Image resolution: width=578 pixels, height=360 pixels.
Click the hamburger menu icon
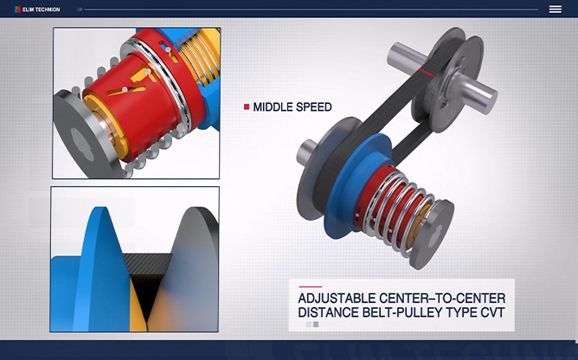[556, 10]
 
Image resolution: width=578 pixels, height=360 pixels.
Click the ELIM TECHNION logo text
[41, 10]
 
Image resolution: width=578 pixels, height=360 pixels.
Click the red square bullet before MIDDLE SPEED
[247, 107]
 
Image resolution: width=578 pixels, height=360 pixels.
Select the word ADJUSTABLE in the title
[337, 298]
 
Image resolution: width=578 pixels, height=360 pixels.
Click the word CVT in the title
[492, 312]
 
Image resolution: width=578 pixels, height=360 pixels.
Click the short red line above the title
[310, 286]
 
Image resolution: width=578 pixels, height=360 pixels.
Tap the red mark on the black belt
[426, 73]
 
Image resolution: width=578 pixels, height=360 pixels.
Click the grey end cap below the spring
[431, 233]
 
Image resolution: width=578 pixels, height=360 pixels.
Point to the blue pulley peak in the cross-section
[98, 258]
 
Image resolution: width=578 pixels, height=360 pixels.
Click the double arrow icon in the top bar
[79, 10]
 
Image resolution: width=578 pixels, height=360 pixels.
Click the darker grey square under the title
[316, 325]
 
